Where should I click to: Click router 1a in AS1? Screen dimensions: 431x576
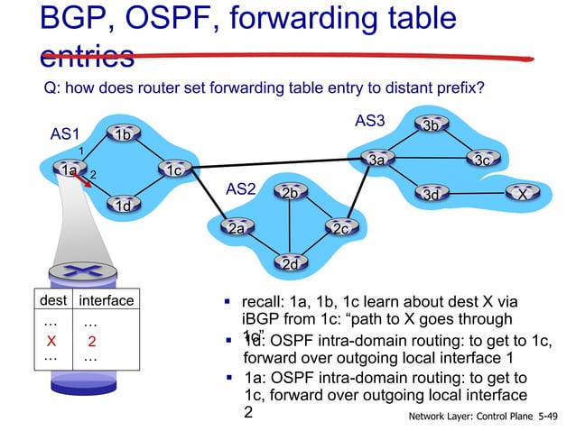[x=69, y=169]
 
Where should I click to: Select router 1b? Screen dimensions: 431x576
[x=124, y=135]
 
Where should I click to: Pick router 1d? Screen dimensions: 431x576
[x=124, y=206]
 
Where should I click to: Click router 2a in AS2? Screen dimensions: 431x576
[x=237, y=229]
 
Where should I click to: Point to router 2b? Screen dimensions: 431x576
[x=289, y=194]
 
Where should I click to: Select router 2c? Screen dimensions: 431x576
[x=341, y=229]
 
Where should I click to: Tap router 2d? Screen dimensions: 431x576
[x=289, y=264]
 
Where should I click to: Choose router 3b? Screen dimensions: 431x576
[x=432, y=125]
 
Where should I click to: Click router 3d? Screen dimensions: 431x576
[x=432, y=194]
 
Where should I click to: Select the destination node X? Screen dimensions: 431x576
[x=521, y=194]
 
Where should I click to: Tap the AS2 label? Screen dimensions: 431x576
[x=240, y=189]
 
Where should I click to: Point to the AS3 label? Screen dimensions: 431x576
[x=369, y=120]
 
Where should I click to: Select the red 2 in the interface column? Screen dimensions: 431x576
[x=91, y=340]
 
